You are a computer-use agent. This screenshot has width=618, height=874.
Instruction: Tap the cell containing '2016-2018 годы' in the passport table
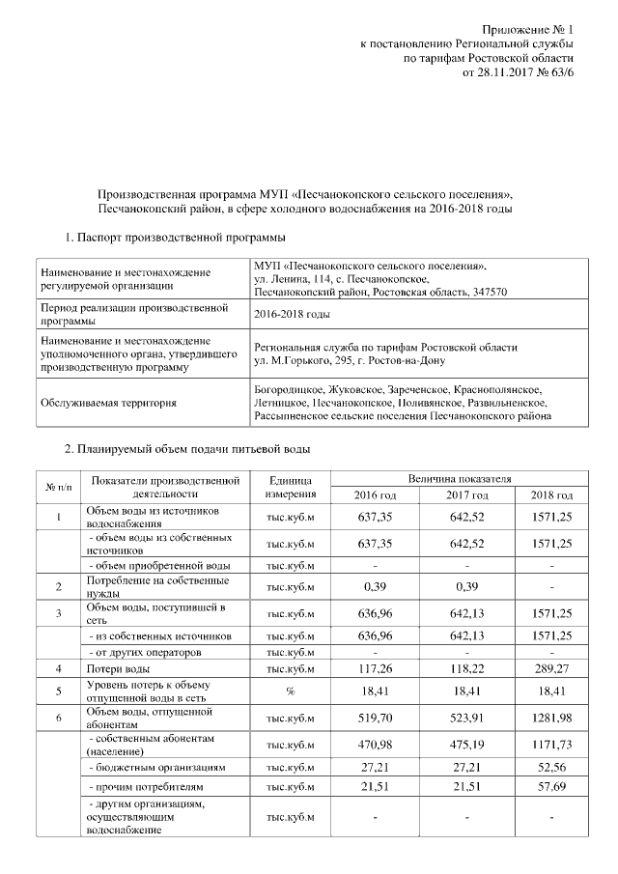pyautogui.click(x=291, y=314)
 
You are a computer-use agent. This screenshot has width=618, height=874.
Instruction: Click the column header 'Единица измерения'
pyautogui.click(x=291, y=487)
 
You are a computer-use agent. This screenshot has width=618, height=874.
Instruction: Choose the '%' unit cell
pyautogui.click(x=291, y=691)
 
